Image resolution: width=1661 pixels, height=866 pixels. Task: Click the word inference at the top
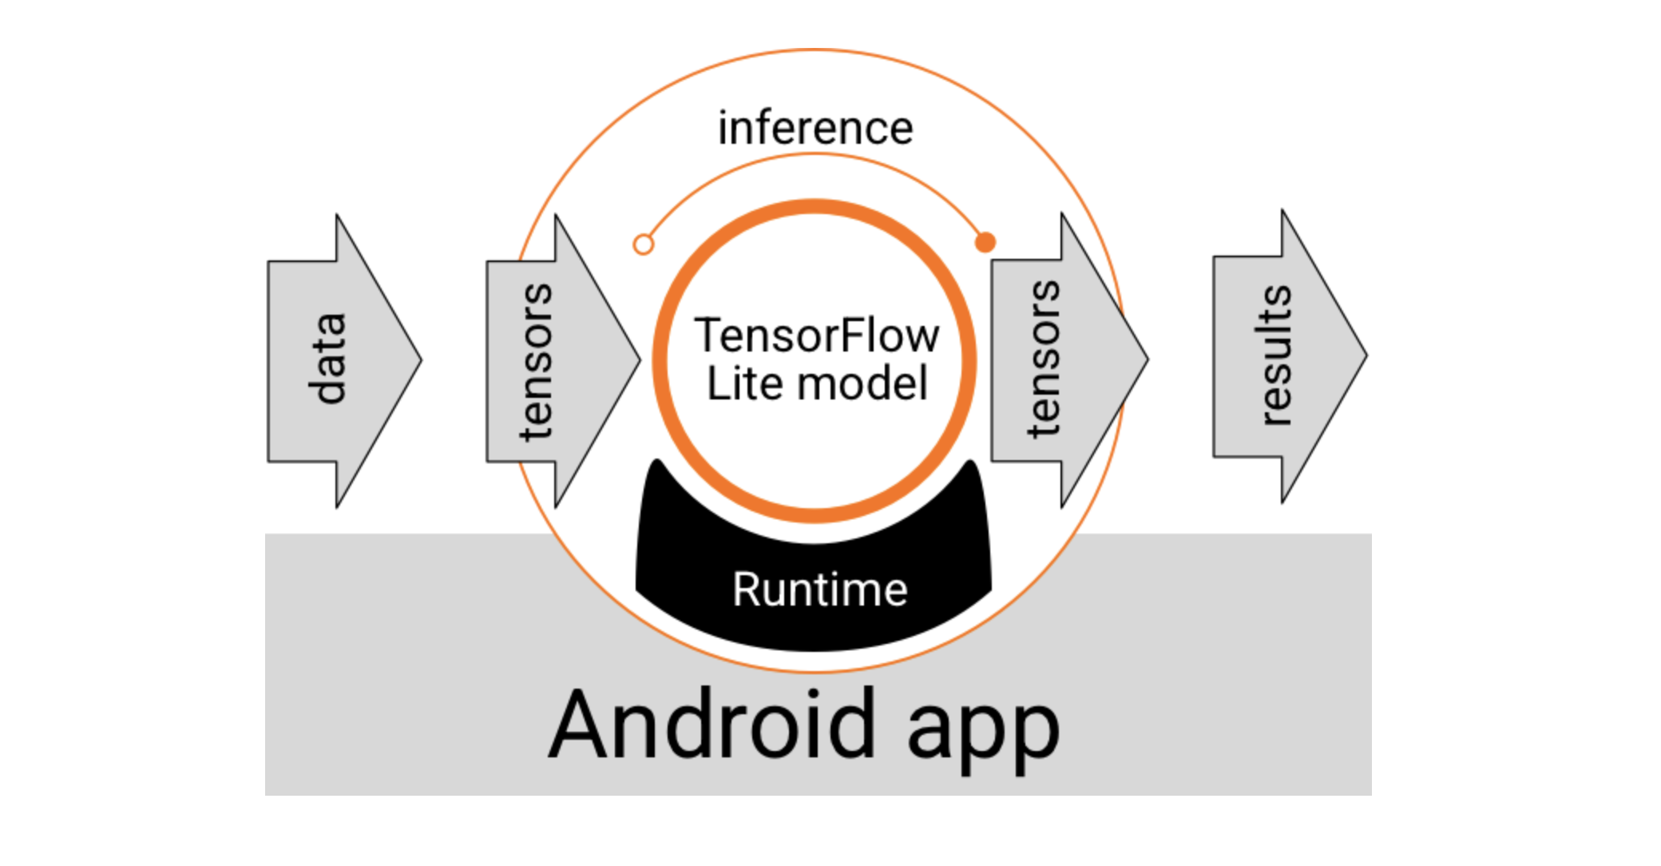(815, 129)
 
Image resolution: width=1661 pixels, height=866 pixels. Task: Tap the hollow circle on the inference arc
(644, 244)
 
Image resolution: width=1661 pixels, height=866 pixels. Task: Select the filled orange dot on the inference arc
(985, 241)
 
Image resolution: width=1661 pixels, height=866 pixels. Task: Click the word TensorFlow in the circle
(816, 335)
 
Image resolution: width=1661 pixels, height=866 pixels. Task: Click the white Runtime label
(819, 590)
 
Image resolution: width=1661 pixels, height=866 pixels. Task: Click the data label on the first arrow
(327, 359)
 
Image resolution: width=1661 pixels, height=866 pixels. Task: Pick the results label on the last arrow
(1273, 356)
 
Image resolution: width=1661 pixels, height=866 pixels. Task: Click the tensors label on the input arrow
(536, 361)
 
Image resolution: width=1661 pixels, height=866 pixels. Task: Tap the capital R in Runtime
(746, 590)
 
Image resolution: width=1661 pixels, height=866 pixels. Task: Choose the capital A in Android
(581, 724)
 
